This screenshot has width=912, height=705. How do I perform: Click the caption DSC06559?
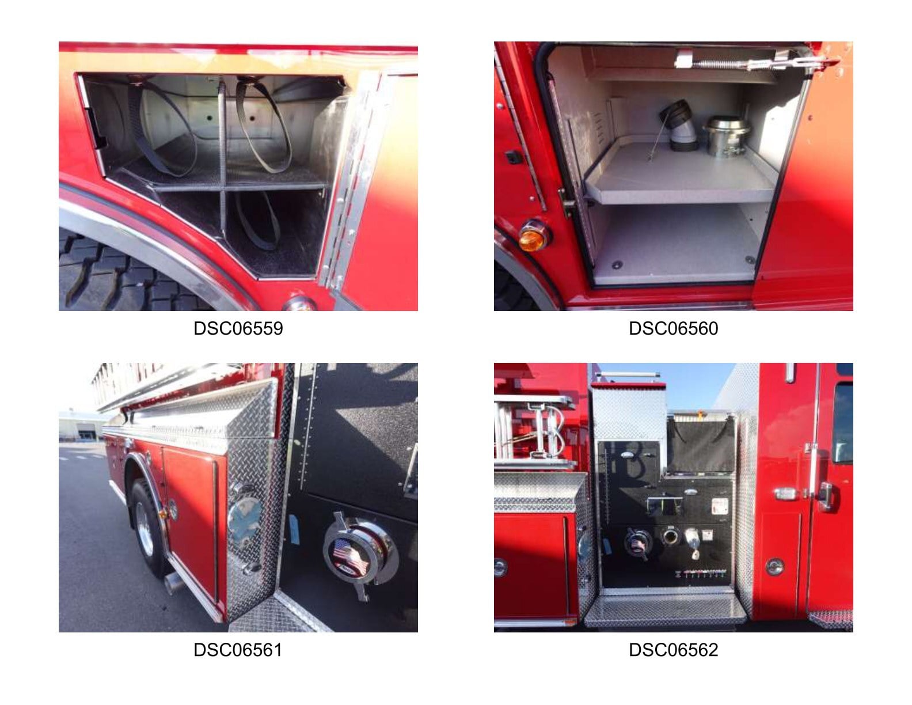(x=238, y=328)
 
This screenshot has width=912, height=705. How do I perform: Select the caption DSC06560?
(x=673, y=328)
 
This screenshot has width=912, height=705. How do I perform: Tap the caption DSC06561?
(x=238, y=650)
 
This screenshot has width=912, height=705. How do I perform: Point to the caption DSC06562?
(x=673, y=650)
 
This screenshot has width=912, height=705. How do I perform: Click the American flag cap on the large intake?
(x=350, y=556)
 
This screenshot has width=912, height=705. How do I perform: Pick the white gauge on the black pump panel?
(x=719, y=506)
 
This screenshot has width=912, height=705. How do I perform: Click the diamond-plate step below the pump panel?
(x=665, y=610)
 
